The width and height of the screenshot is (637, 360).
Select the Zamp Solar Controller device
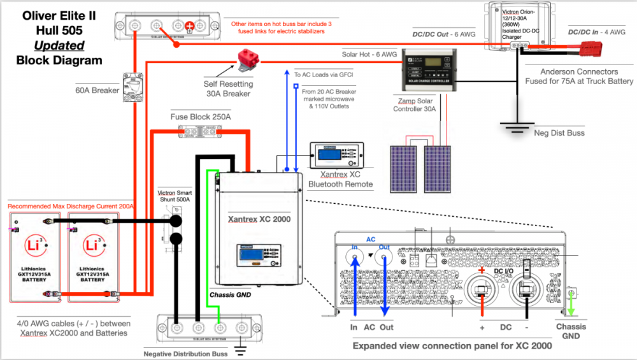tap(421, 71)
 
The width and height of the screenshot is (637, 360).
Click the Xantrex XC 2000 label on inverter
tap(259, 219)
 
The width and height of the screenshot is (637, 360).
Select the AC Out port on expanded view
tap(383, 259)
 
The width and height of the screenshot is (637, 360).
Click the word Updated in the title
tap(59, 45)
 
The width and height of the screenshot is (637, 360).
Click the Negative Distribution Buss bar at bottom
tap(210, 329)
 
